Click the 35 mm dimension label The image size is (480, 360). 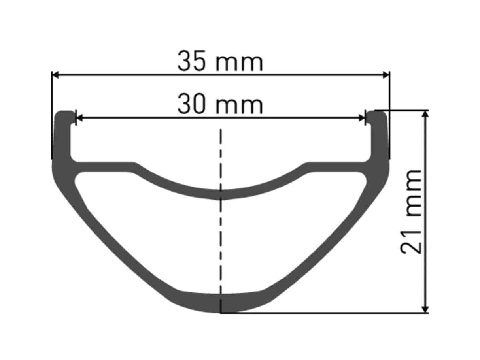[x=220, y=61]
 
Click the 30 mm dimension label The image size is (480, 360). [x=220, y=104]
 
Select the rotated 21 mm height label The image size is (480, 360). [x=411, y=211]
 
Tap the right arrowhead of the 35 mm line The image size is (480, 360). [x=386, y=75]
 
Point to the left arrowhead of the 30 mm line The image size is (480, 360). [x=79, y=118]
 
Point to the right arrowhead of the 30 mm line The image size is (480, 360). [x=361, y=118]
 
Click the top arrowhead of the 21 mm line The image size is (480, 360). [x=425, y=115]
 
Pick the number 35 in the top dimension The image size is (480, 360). [x=191, y=61]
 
